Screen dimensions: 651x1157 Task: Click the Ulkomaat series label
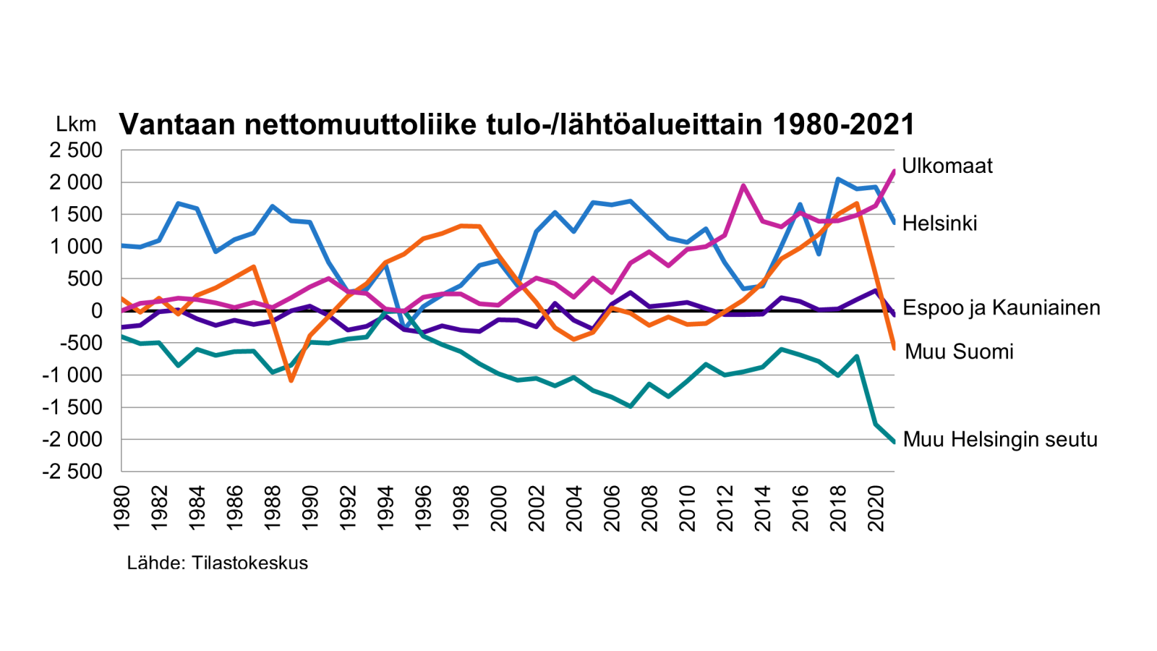coord(947,166)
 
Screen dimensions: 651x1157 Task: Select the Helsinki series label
coord(939,224)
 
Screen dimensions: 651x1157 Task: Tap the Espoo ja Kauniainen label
coord(1002,307)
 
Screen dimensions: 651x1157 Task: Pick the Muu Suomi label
coord(959,352)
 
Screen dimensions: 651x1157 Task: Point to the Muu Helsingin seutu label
coord(1000,439)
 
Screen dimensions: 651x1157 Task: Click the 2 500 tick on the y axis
coord(76,150)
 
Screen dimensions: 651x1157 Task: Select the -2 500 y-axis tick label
coord(72,472)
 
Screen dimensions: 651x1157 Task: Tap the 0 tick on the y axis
coord(96,311)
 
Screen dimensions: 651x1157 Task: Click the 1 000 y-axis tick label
coord(76,247)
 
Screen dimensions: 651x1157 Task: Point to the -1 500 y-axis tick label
coord(72,407)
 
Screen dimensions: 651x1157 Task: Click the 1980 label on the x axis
coord(122,508)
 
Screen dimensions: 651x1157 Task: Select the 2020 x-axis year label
coord(876,508)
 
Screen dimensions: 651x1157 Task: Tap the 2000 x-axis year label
coord(499,508)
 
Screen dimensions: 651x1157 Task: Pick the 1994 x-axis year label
coord(385,508)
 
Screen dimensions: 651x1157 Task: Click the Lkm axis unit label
coord(76,124)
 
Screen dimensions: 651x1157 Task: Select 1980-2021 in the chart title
coord(843,124)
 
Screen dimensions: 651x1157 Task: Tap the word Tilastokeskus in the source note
coord(249,563)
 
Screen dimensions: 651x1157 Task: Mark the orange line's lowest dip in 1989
coord(291,380)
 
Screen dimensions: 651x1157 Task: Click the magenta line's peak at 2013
coord(743,186)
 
